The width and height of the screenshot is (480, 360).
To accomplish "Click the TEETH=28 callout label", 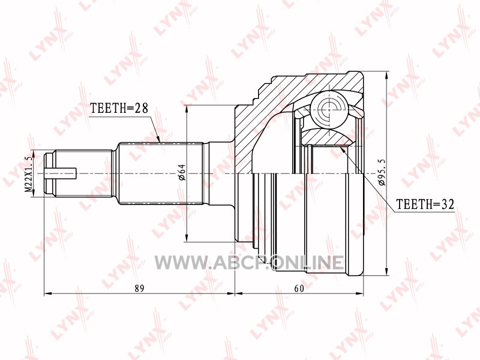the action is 119,108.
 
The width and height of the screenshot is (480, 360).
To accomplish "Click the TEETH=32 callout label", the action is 425,204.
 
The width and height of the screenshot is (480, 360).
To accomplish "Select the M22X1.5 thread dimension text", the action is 28,174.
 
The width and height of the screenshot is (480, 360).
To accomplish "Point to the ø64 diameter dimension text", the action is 182,172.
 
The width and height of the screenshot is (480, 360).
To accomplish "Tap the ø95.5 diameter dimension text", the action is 382,172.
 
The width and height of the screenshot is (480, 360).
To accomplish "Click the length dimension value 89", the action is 139,289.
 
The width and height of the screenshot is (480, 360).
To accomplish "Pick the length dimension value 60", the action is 299,289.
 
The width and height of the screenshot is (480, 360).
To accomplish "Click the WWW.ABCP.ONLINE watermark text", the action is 249,262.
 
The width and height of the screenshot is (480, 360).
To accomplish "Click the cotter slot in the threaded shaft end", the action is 61,174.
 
